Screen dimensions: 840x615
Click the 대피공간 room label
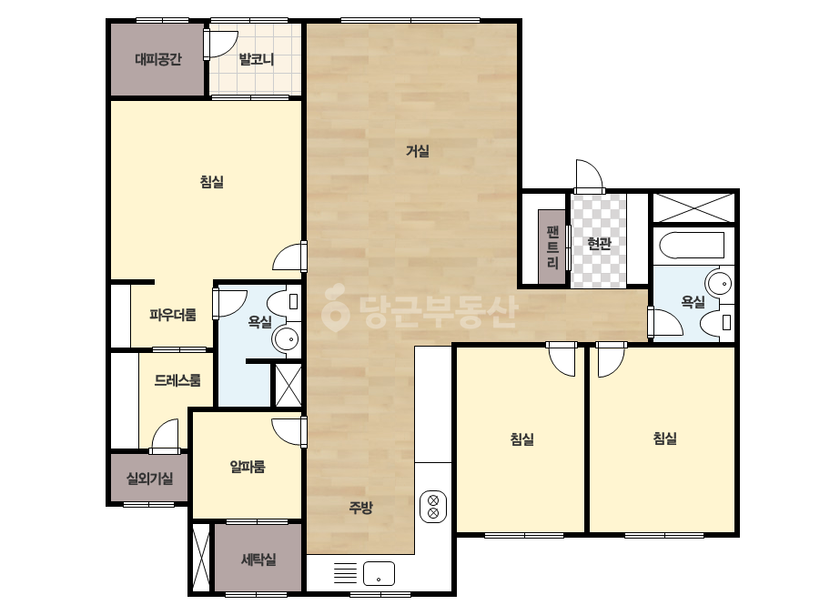coord(158,59)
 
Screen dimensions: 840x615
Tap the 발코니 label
coord(256,59)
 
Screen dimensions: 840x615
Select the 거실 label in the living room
coord(418,151)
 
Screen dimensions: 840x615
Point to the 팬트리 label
coord(552,247)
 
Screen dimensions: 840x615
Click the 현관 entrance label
coord(599,245)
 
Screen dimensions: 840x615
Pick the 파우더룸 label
coord(173,315)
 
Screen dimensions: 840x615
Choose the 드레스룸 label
coord(177,381)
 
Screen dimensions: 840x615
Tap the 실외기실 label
coord(149,479)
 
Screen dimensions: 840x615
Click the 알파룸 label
coord(248,467)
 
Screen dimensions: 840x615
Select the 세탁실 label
coord(258,560)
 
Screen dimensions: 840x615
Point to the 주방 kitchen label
coord(360,508)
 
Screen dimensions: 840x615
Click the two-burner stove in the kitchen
coord(433,507)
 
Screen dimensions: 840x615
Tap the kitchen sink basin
coord(379,574)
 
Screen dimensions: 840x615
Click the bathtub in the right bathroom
coord(691,245)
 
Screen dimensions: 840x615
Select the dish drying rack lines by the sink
coord(345,573)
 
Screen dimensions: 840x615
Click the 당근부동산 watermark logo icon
coord(335,307)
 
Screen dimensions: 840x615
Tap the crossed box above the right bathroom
coord(693,207)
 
